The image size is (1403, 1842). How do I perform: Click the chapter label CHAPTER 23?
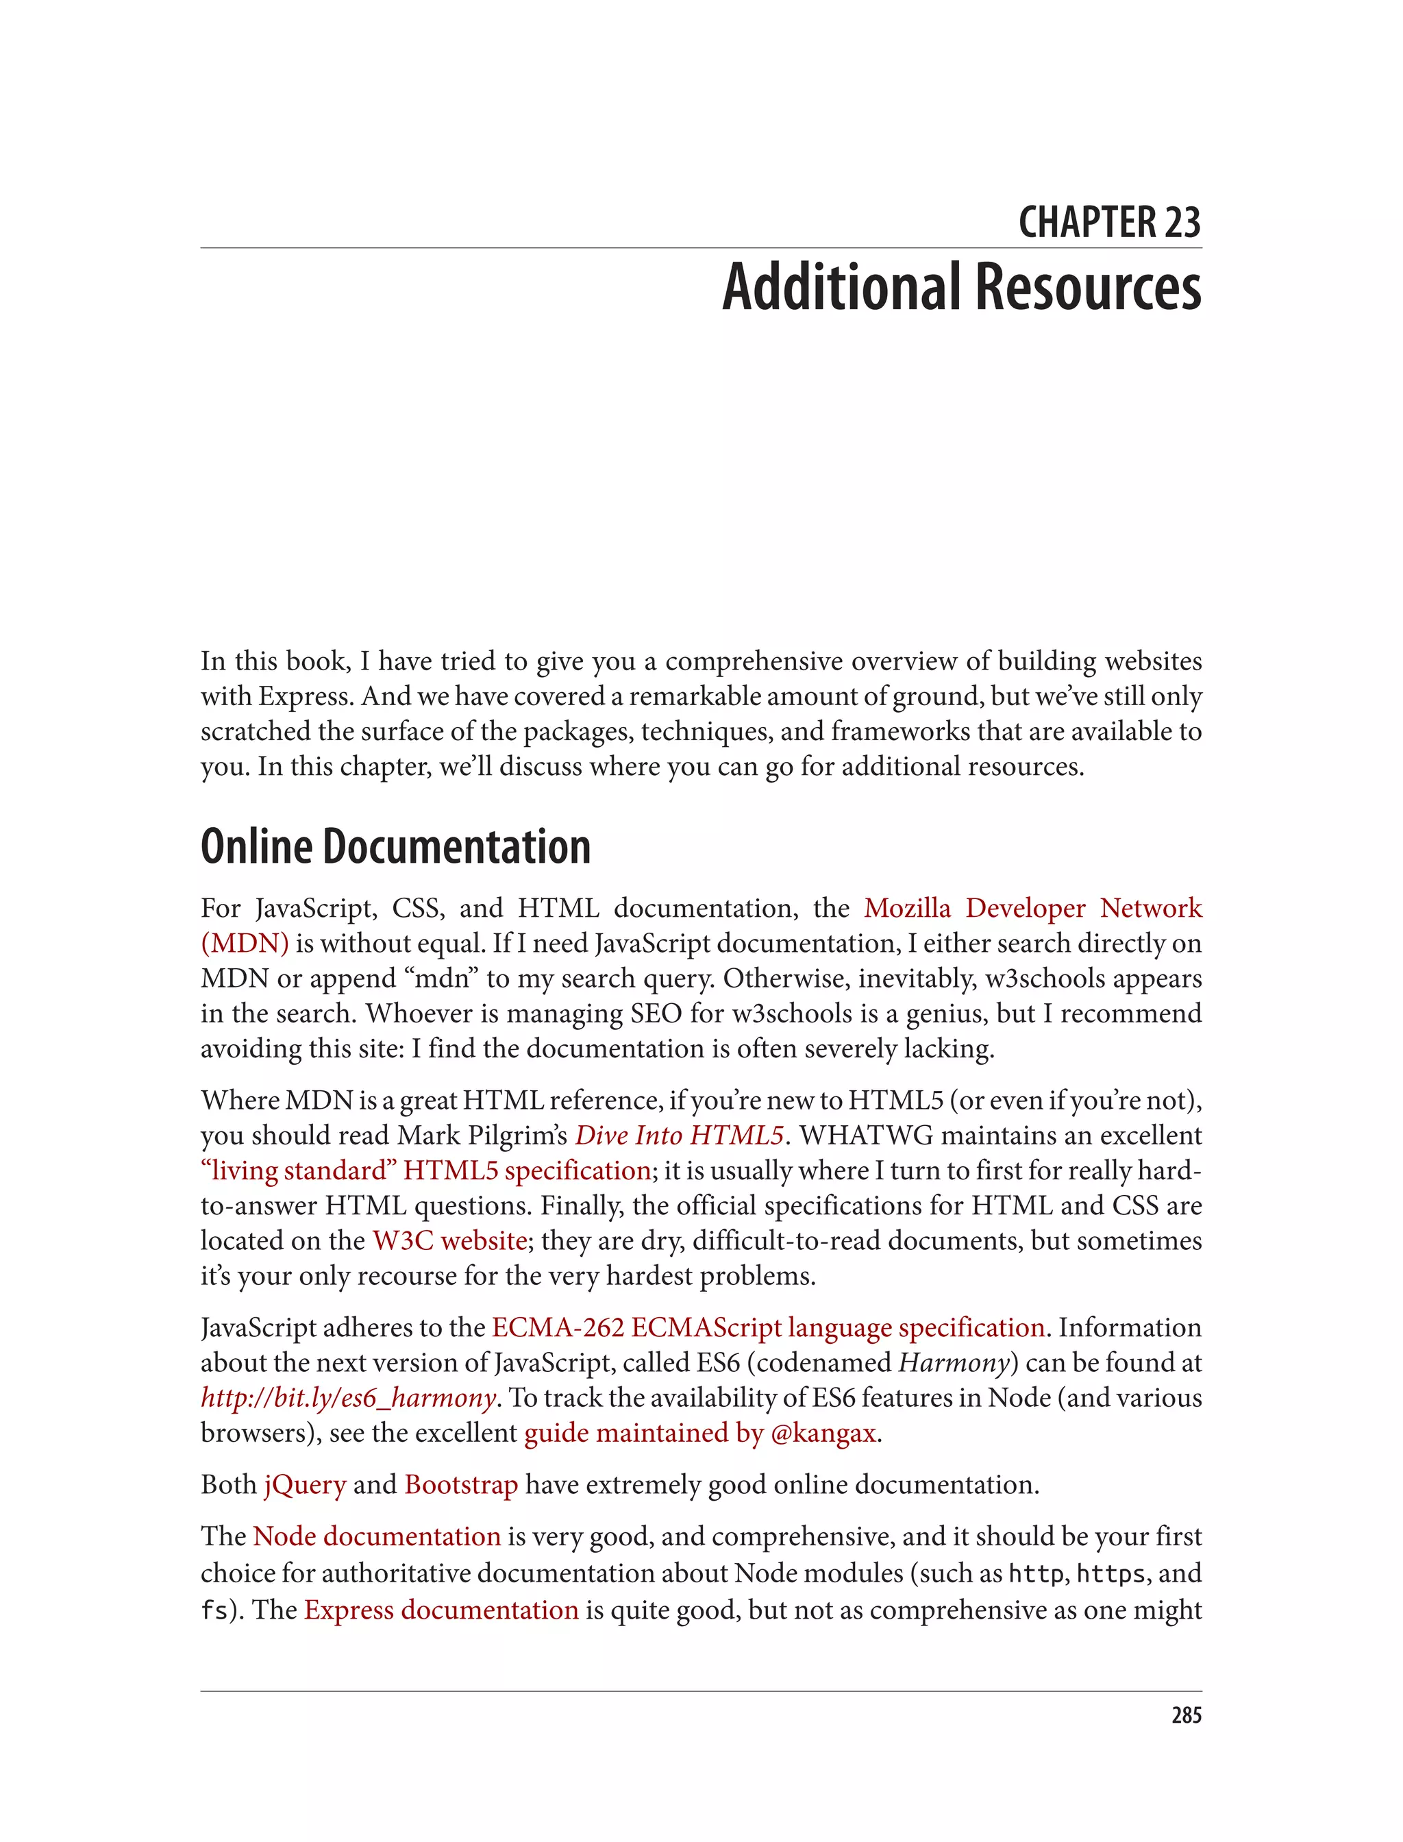[1109, 223]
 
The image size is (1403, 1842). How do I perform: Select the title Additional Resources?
[961, 287]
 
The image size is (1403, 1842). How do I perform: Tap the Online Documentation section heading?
[396, 847]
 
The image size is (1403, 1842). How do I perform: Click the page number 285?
[1186, 1716]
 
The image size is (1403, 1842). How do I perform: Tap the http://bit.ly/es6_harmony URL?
[348, 1397]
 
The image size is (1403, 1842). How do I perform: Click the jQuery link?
[305, 1484]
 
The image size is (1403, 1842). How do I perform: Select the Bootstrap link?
[461, 1484]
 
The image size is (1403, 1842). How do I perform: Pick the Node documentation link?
[377, 1536]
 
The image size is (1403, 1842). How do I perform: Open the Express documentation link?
[441, 1610]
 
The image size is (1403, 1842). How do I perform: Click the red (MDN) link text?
[245, 943]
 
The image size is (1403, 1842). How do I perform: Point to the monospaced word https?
[1110, 1574]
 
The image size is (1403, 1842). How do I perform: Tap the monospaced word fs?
[214, 1610]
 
